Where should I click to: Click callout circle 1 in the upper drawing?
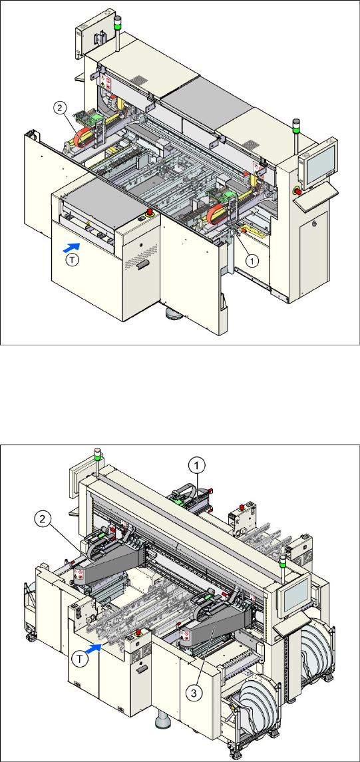[251, 260]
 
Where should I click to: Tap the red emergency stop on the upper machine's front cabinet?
[150, 212]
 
